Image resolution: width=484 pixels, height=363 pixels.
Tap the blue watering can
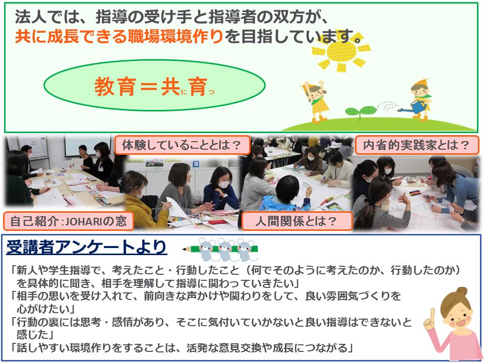coord(414,107)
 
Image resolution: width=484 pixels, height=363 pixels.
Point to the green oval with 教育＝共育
coord(155,86)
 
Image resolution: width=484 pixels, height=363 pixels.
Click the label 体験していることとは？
coord(181,145)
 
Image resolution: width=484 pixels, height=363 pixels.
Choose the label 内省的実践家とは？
coord(416,145)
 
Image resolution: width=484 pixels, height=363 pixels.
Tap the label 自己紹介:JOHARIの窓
coord(68,221)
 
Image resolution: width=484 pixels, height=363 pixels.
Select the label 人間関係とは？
coord(296,221)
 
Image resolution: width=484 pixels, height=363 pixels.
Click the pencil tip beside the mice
coord(184,249)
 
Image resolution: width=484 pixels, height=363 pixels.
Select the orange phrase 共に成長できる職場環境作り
coord(119,36)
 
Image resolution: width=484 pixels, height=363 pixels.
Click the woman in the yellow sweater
coord(141,201)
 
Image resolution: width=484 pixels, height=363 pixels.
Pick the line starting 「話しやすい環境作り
coord(182,348)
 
